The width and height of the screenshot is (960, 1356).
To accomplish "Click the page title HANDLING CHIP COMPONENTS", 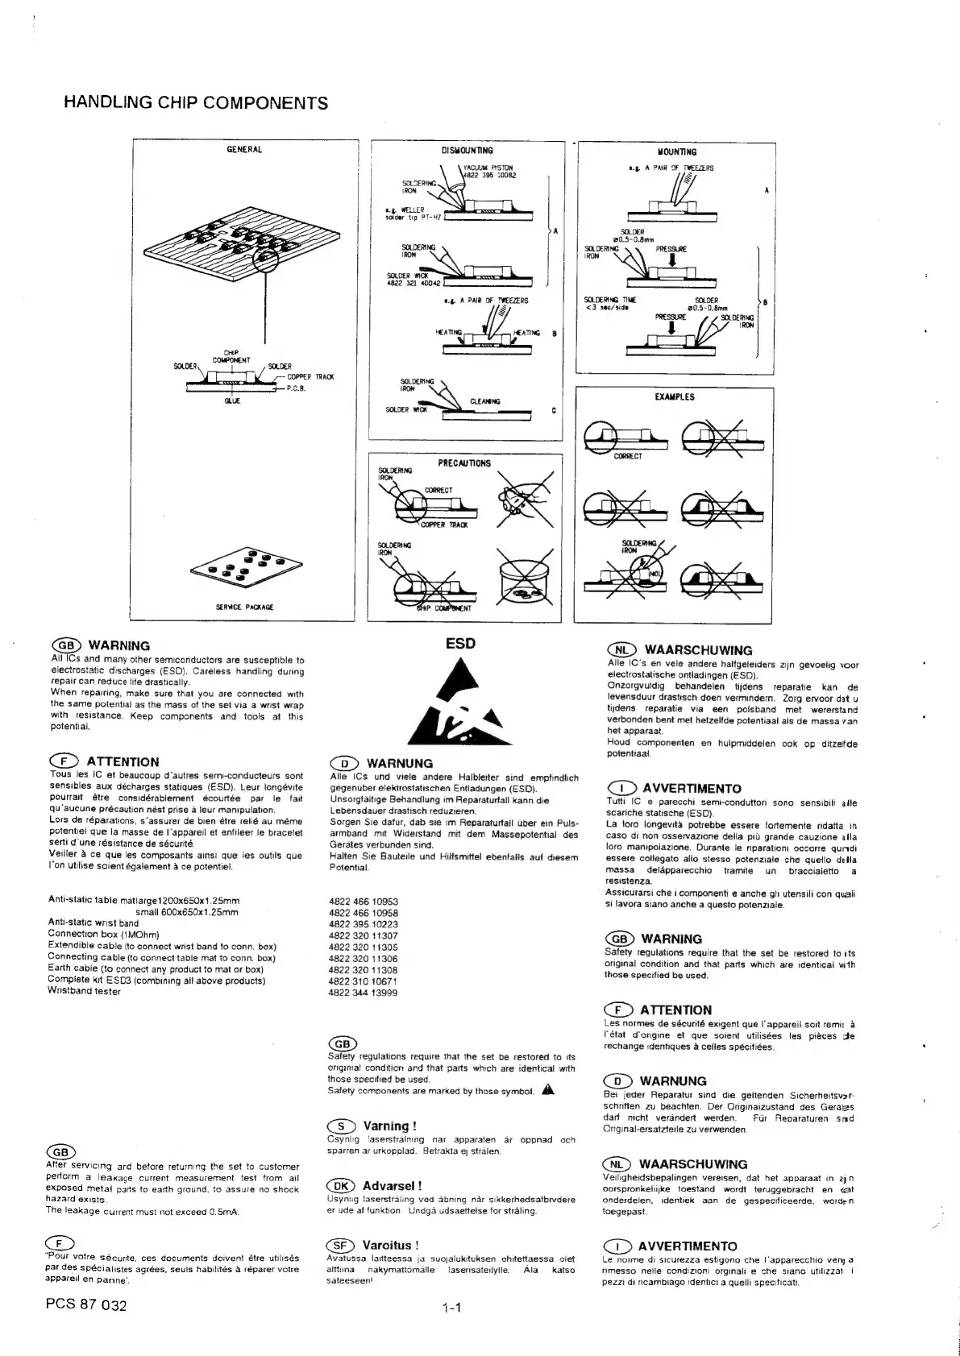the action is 195,103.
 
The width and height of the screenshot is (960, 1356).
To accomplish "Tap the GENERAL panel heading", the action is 244,149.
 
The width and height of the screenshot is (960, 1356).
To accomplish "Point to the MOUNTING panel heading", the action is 677,151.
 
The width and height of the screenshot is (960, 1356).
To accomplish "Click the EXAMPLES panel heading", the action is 675,397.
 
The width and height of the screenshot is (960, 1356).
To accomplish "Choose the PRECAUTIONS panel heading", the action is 464,463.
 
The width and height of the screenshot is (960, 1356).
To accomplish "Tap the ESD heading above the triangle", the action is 460,643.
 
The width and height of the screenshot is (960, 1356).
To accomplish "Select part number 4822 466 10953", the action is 364,902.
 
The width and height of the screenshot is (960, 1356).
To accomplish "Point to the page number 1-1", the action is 451,1308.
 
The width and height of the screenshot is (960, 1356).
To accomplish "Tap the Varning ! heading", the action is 389,1126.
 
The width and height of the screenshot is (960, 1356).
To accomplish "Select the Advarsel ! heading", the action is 392,1186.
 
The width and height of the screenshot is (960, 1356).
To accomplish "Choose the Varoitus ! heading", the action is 390,1246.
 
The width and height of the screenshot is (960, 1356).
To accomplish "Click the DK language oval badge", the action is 341,1186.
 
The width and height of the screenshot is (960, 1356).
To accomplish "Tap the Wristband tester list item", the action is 85,992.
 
